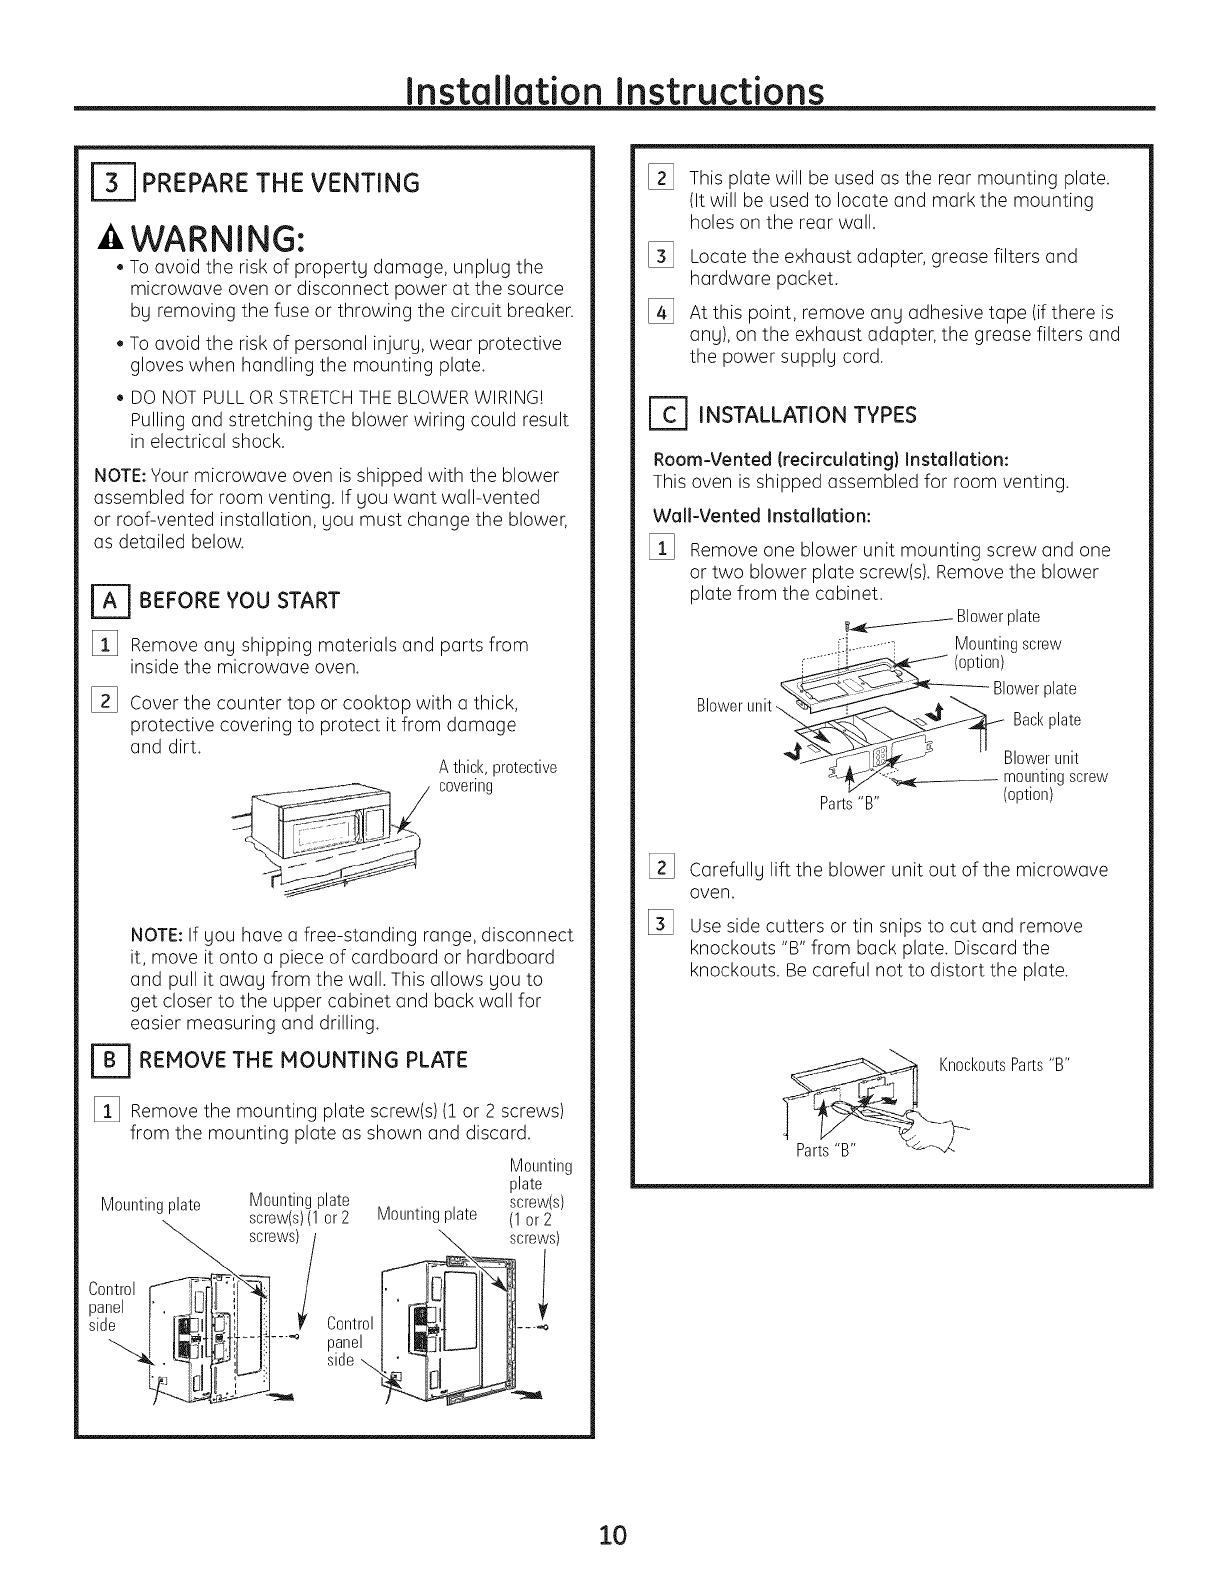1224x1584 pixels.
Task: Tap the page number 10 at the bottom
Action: point(612,1506)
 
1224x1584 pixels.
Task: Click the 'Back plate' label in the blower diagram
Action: point(1046,720)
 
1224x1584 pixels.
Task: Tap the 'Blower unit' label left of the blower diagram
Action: point(734,706)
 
